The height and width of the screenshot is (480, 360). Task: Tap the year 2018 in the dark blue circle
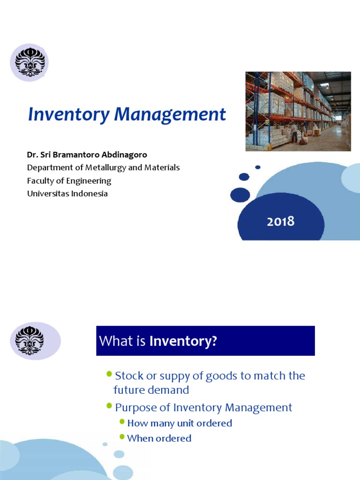pos(281,221)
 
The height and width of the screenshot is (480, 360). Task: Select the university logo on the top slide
pos(30,63)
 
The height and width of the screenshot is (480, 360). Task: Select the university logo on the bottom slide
pos(30,340)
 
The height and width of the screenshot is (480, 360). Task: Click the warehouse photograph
pos(298,111)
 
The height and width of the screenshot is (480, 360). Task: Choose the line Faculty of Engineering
pos(69,180)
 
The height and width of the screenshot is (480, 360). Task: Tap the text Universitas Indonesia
pos(67,194)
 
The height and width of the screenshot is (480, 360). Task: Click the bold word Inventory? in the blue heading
pos(183,341)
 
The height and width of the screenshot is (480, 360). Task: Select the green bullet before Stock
pos(109,374)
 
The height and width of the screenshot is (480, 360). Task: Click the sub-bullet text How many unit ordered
pos(180,423)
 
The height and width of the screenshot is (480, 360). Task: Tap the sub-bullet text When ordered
pos(159,438)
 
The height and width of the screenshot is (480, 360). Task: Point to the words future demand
pos(151,390)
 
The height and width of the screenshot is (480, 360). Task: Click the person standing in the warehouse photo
pos(294,133)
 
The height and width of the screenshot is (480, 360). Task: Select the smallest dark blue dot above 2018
pos(258,167)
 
